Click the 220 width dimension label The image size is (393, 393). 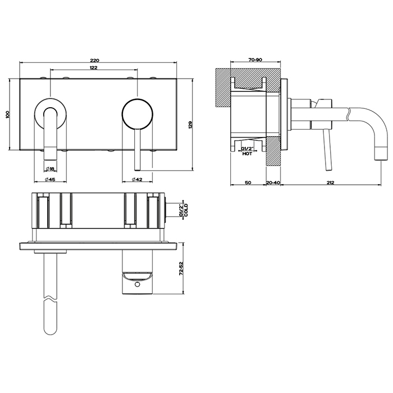pos(95,60)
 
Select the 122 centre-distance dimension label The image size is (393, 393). pos(93,68)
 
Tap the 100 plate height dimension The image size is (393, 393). pos(7,115)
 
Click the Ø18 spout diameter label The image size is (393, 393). pos(51,169)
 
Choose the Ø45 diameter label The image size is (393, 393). pos(50,179)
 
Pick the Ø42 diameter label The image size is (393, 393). pos(137,179)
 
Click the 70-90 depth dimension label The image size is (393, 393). pos(255,60)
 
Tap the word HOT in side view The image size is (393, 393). pos(247,154)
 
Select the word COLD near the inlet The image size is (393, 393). pos(186,210)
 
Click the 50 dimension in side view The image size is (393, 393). pos(248,182)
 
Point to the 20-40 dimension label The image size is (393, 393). pos(273,182)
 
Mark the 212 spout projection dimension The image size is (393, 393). pos(330,182)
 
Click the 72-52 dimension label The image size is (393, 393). pos(181,269)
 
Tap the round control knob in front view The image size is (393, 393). pos(137,115)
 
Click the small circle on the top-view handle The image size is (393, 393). pos(137,284)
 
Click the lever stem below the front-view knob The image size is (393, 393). pos(137,150)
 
